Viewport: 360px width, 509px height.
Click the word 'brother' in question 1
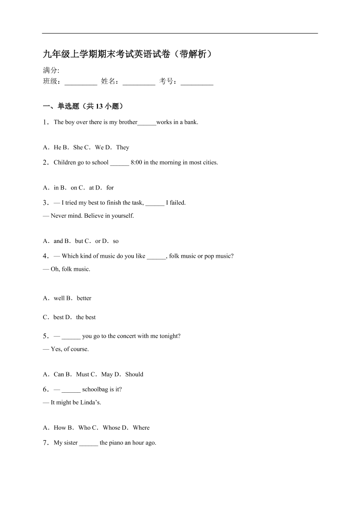tap(128, 122)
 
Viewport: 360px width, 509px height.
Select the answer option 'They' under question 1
tap(123, 148)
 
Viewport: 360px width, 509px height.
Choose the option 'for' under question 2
tap(110, 188)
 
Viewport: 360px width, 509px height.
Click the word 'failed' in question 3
tap(176, 203)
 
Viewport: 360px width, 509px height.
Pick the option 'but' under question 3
tap(79, 241)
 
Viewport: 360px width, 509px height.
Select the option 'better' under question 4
tap(84, 299)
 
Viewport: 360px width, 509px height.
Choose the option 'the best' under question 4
tap(86, 317)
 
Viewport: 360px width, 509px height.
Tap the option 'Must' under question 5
tap(83, 374)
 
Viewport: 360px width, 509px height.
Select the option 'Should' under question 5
tap(134, 374)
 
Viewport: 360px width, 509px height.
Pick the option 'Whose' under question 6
tap(111, 428)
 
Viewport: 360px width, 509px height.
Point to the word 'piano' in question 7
tap(116, 443)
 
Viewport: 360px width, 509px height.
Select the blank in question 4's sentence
tap(156, 256)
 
